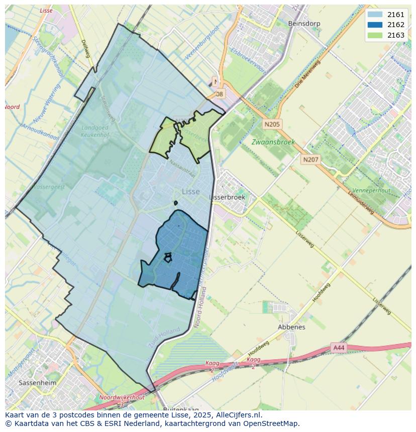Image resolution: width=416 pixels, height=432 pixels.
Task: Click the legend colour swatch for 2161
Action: [x=374, y=15]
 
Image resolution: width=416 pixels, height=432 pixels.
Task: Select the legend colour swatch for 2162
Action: [x=374, y=25]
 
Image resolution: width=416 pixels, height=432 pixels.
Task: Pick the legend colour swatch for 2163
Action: [x=374, y=35]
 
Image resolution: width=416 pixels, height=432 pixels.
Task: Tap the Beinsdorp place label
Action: [x=304, y=24]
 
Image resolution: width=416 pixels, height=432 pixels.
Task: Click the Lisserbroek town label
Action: [x=227, y=197]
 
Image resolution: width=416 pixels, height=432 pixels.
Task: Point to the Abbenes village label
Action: [x=291, y=327]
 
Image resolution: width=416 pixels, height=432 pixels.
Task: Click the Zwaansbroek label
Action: [x=273, y=142]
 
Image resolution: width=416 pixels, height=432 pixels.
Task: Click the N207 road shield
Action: [x=310, y=160]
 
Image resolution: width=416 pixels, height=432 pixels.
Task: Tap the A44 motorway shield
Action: [x=339, y=347]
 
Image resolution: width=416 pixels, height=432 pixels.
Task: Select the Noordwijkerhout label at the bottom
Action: [x=122, y=397]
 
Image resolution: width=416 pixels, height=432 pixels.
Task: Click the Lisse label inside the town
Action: [x=191, y=192]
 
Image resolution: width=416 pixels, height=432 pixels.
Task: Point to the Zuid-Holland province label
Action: [x=164, y=339]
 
